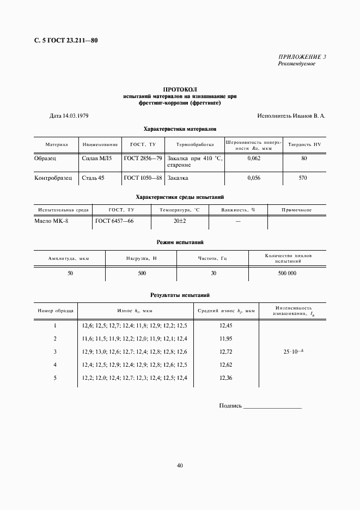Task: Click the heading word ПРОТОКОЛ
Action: pos(180,89)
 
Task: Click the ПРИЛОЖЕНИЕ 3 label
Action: pos(302,57)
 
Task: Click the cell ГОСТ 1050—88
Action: pos(143,178)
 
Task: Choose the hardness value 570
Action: pos(303,178)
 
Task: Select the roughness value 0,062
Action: pos(254,158)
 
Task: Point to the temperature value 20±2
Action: pos(180,221)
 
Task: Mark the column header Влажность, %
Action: pos(238,210)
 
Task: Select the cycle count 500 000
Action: pos(287,273)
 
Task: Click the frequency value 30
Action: pos(213,273)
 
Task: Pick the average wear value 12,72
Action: pos(225,351)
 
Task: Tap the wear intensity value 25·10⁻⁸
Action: pos(292,351)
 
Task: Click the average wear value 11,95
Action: pos(225,338)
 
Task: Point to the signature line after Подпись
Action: pos(272,406)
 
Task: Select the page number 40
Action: pos(180,465)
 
